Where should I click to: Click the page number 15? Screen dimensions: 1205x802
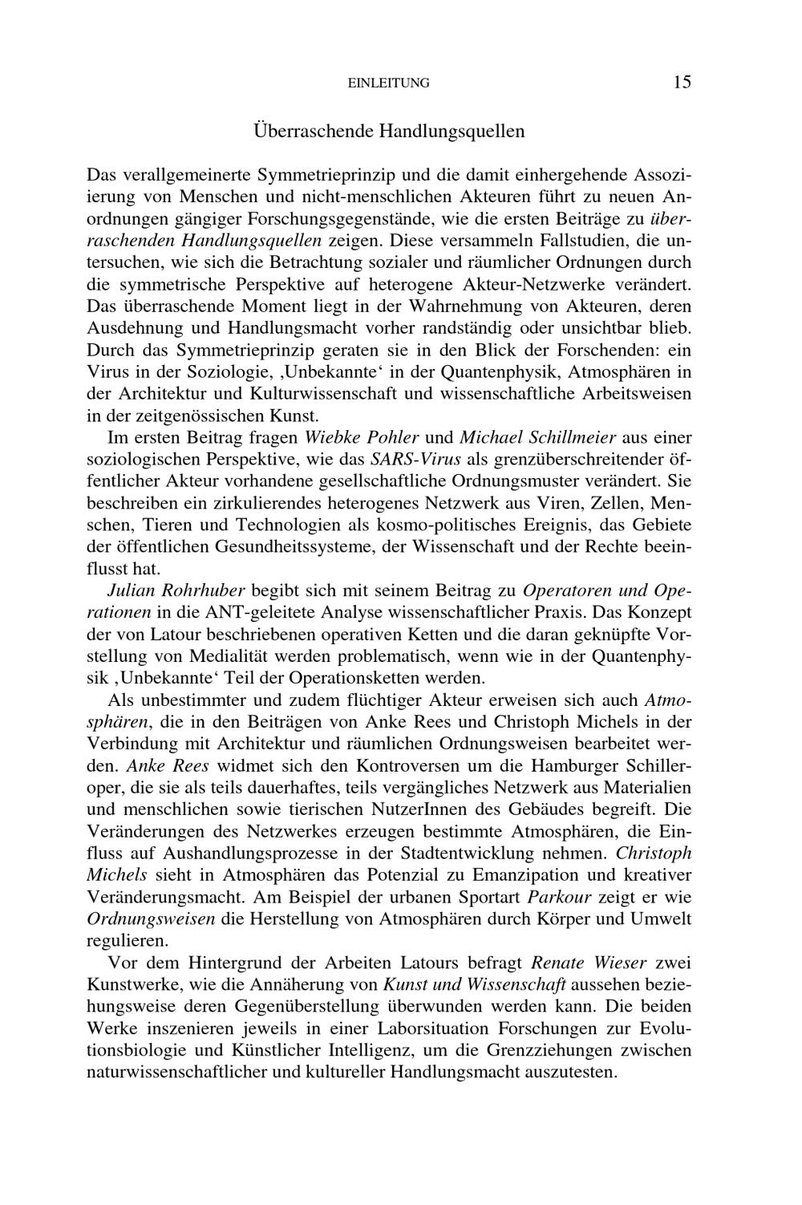point(682,82)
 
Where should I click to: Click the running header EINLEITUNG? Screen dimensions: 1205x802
point(390,83)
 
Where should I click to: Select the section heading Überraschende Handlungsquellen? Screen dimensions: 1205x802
point(389,131)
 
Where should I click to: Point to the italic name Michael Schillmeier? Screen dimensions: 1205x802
point(537,438)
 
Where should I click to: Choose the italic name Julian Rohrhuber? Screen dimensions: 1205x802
point(176,591)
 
